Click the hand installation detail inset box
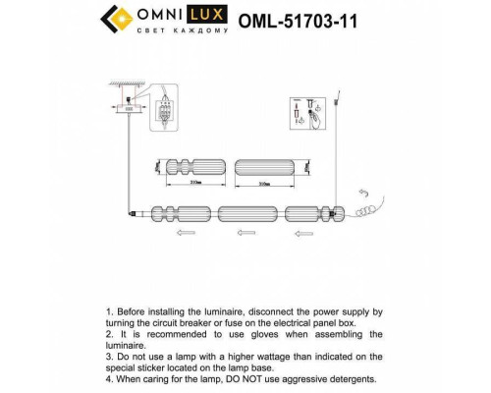coord(307,114)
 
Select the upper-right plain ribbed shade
coord(264,166)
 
